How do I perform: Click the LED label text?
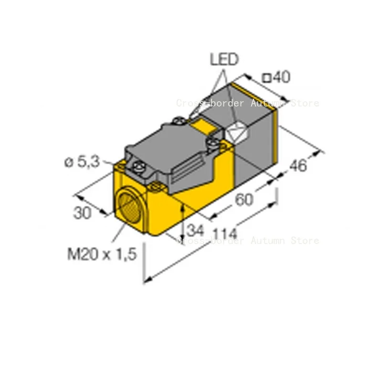point(224,59)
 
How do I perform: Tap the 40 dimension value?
point(282,77)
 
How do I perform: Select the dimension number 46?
point(298,166)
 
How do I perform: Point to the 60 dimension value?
point(244,200)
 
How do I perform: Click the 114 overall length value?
point(224,233)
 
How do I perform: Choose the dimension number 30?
point(82,212)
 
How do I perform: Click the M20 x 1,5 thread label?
point(102,254)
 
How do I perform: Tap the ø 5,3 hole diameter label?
point(82,162)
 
